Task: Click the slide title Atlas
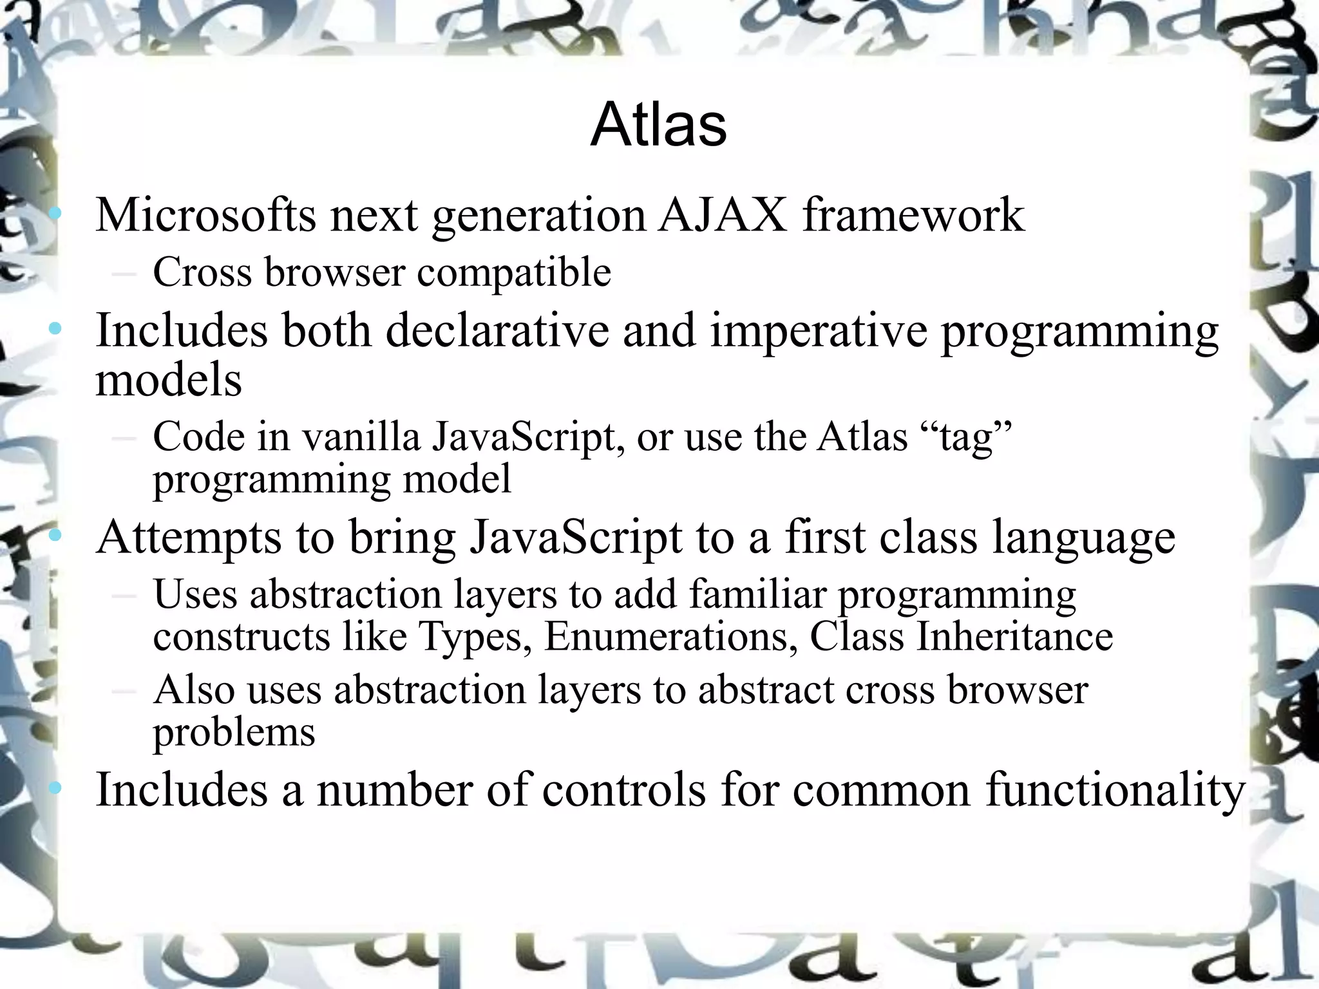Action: pos(658,125)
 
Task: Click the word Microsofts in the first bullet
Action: pos(205,215)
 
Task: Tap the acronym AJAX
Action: pos(723,215)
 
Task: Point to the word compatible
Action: pos(514,272)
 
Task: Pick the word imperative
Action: pos(818,331)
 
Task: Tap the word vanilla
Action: pos(361,437)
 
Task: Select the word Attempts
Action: pos(189,538)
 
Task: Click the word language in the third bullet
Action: pos(1083,538)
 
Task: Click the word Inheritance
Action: pos(1014,637)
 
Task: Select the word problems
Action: pos(234,733)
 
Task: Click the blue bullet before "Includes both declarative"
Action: pos(56,330)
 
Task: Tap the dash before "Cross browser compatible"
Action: pos(123,273)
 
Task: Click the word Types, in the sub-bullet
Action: pos(476,637)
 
